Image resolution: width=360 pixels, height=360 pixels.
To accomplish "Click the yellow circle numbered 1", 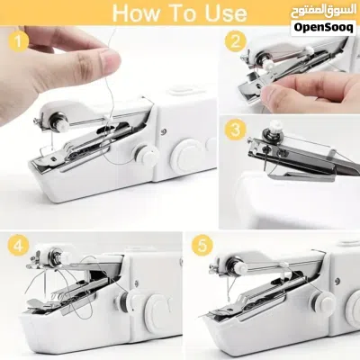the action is [x=18, y=41].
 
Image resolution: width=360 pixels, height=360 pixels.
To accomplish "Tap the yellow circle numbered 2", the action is [x=235, y=41].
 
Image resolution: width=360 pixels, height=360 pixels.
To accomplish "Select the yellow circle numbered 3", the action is [x=236, y=130].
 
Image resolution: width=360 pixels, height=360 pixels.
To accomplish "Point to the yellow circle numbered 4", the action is [x=18, y=246].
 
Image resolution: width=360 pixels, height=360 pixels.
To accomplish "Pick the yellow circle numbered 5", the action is [x=202, y=246].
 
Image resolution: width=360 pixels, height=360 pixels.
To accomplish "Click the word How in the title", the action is [x=137, y=13].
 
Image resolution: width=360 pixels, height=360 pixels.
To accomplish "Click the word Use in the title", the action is [x=226, y=13].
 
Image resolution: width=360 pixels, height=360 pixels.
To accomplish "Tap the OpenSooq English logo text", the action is [x=323, y=28].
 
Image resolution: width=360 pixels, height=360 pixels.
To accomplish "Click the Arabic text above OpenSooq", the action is [x=323, y=13].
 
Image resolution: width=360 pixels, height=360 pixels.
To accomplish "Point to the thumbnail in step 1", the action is [x=109, y=61].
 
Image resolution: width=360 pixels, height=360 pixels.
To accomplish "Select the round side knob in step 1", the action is [x=147, y=154].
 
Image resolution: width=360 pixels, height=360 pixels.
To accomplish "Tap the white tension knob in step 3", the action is [x=274, y=126].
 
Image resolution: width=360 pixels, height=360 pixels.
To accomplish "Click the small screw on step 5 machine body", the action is [x=337, y=281].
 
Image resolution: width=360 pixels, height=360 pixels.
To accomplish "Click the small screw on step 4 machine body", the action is [x=137, y=283].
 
